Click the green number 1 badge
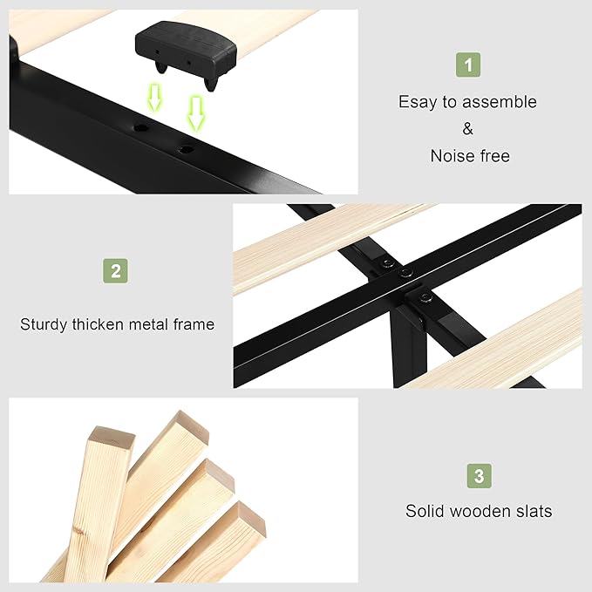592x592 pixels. coord(468,65)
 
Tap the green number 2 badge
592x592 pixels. coord(116,270)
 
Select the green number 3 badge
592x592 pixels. coord(480,476)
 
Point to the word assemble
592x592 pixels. coord(500,102)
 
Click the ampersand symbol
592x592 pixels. coord(468,129)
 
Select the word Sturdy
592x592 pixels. coord(44,324)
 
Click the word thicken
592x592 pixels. coord(98,324)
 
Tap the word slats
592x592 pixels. coord(535,511)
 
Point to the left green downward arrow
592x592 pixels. coord(154,98)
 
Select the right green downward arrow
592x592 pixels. coord(196,113)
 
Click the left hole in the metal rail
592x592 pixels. coord(141,127)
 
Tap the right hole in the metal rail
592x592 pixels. coord(186,149)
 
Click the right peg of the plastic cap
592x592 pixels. coord(211,84)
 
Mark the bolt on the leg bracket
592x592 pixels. coord(425,298)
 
